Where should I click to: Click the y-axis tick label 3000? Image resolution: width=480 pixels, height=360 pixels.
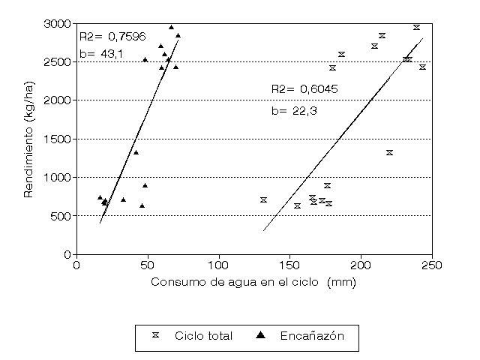[x=57, y=23]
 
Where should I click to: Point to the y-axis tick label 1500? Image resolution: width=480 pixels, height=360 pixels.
[x=57, y=139]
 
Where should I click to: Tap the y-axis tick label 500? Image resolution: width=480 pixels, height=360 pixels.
[x=60, y=216]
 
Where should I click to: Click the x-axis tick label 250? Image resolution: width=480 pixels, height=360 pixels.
[x=433, y=265]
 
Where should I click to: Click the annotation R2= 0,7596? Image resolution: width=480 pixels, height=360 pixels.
[x=112, y=35]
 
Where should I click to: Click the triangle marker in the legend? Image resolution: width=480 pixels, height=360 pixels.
[x=260, y=336]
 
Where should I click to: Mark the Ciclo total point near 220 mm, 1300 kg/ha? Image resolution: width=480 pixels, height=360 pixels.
[x=389, y=153]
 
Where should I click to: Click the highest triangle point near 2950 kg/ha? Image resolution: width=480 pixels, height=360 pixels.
[x=171, y=27]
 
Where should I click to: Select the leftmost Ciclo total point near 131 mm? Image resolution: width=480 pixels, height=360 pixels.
[x=263, y=199]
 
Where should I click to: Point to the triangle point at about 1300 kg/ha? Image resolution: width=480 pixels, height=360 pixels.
[x=136, y=152]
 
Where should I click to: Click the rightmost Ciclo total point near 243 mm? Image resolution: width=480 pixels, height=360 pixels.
[x=422, y=67]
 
